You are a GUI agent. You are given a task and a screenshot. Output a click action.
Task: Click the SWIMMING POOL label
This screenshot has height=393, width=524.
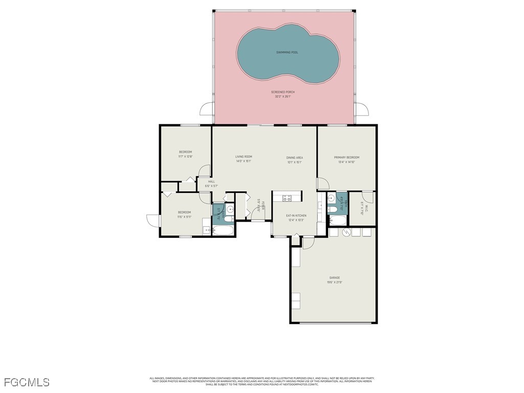pos(287,52)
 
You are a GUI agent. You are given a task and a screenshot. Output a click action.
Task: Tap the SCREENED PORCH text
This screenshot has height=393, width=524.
pos(283,92)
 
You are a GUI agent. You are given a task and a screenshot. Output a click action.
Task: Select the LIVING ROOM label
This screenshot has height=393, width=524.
pos(244,157)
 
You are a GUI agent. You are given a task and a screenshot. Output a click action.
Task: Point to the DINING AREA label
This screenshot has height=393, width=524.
pos(294,158)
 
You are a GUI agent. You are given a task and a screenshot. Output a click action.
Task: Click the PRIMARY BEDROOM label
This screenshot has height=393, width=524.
pos(346,158)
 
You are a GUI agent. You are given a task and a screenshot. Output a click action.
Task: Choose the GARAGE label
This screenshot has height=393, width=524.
pos(335,278)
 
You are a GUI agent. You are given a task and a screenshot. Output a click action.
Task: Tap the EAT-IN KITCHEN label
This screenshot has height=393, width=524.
pos(296,216)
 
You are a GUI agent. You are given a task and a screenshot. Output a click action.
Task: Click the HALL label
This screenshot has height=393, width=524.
pos(211,182)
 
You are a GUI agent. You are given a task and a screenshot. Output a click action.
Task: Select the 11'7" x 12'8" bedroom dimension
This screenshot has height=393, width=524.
pos(185,157)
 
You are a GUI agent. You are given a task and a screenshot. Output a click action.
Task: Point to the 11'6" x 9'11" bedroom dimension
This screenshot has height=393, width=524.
pos(184,217)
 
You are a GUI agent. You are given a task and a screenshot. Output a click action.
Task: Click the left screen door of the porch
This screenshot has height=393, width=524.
pos(208,109)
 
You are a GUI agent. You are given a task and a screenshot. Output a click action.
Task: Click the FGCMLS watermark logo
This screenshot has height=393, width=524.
pos(27,382)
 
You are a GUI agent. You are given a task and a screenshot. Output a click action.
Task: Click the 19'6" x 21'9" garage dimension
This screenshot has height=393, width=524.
pos(335,282)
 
